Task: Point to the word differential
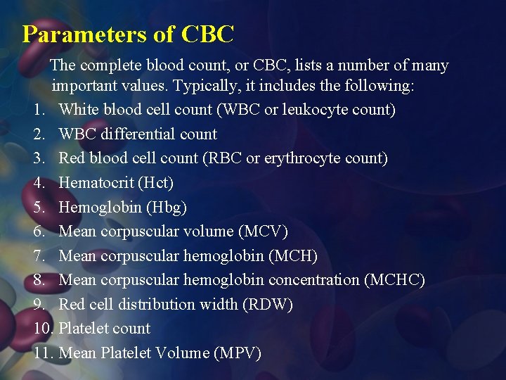[x=137, y=134]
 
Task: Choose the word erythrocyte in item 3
[x=305, y=158]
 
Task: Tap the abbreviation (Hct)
[x=155, y=182]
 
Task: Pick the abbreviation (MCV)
[x=264, y=231]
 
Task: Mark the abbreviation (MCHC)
[x=394, y=279]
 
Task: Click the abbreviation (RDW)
[x=267, y=304]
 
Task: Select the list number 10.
[x=44, y=328]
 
